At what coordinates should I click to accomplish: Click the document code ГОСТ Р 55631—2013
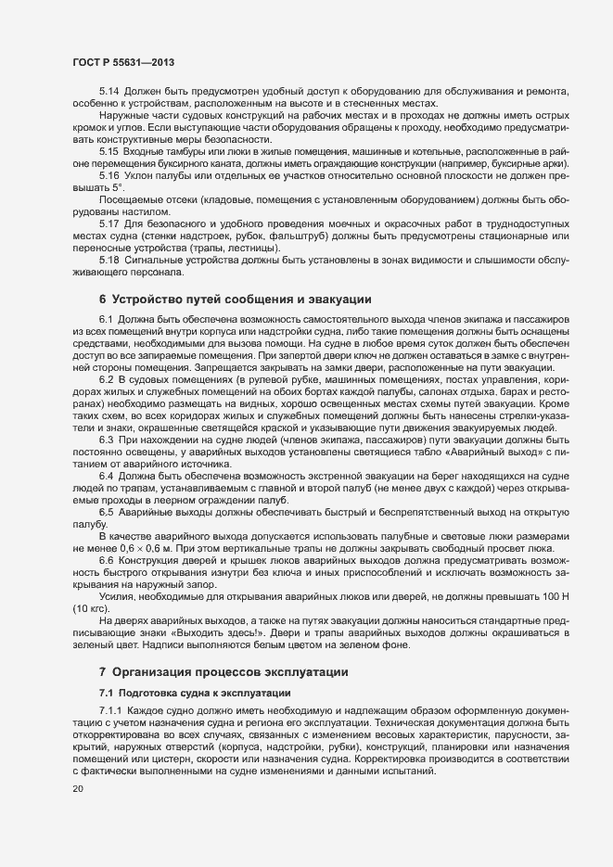click(x=123, y=62)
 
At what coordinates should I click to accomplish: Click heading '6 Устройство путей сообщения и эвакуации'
click(x=236, y=299)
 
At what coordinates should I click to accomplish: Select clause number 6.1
click(x=107, y=319)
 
